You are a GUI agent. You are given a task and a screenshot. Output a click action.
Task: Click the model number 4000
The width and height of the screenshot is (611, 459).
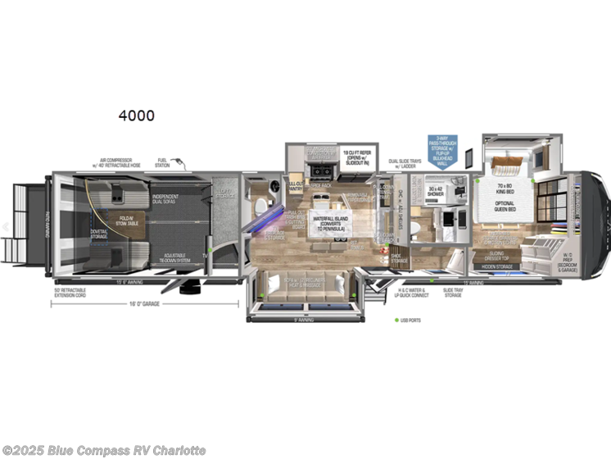coord(136,116)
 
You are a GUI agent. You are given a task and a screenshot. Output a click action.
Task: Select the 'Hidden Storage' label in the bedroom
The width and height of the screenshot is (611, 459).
coord(497,266)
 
